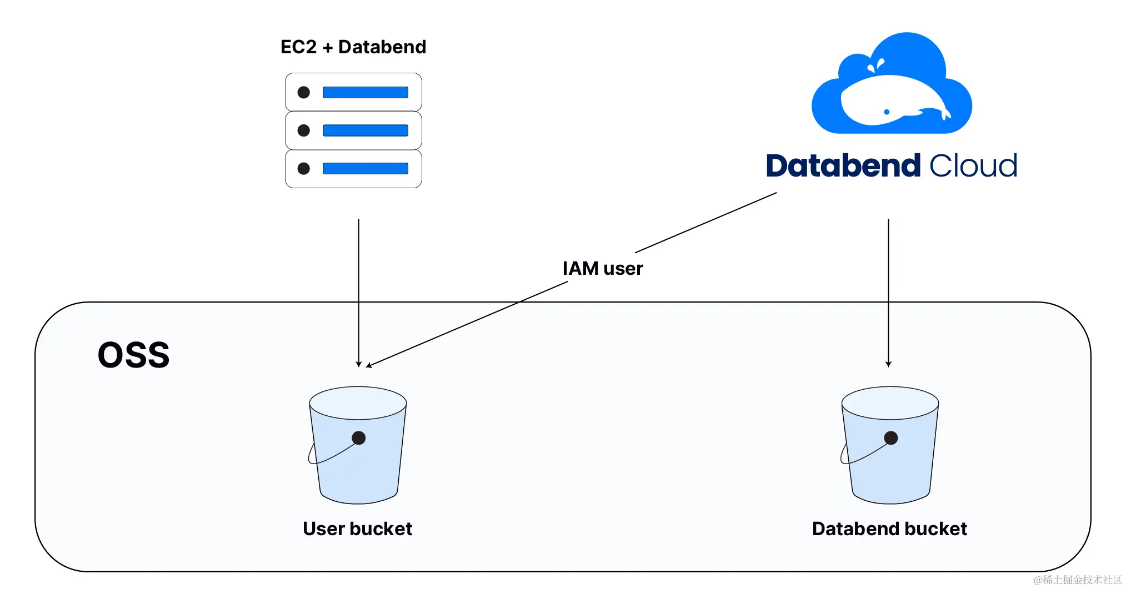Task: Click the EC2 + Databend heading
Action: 353,47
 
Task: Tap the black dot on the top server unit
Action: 303,92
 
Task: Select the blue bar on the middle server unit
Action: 366,130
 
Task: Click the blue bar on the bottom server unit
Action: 366,169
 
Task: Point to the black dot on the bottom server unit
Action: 303,169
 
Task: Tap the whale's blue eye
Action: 887,112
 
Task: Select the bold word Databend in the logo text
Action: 843,166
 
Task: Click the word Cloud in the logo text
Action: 973,166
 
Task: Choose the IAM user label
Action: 603,269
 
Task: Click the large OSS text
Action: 133,355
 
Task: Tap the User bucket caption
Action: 357,529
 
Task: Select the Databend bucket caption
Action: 889,529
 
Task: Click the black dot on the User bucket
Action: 359,438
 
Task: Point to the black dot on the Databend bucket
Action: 891,438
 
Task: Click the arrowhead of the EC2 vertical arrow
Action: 359,364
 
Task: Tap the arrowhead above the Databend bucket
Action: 889,364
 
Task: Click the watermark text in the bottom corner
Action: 1077,580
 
